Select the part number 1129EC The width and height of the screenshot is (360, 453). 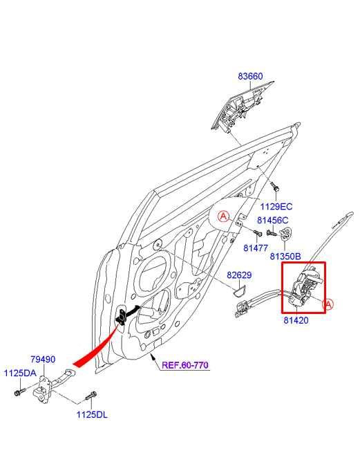point(276,206)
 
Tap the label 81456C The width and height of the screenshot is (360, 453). point(272,221)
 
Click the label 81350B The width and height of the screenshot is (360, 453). point(285,256)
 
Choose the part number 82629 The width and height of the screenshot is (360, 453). point(239,275)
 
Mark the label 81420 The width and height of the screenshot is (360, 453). point(296,321)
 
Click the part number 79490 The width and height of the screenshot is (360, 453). point(42,360)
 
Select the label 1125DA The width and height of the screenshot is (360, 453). point(19,373)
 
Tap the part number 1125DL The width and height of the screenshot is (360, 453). point(92,415)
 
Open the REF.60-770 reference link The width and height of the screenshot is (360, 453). point(184,364)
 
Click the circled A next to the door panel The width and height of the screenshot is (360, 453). point(224,216)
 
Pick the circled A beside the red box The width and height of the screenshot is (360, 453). point(329,304)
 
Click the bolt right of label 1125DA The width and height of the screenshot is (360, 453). point(17,392)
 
